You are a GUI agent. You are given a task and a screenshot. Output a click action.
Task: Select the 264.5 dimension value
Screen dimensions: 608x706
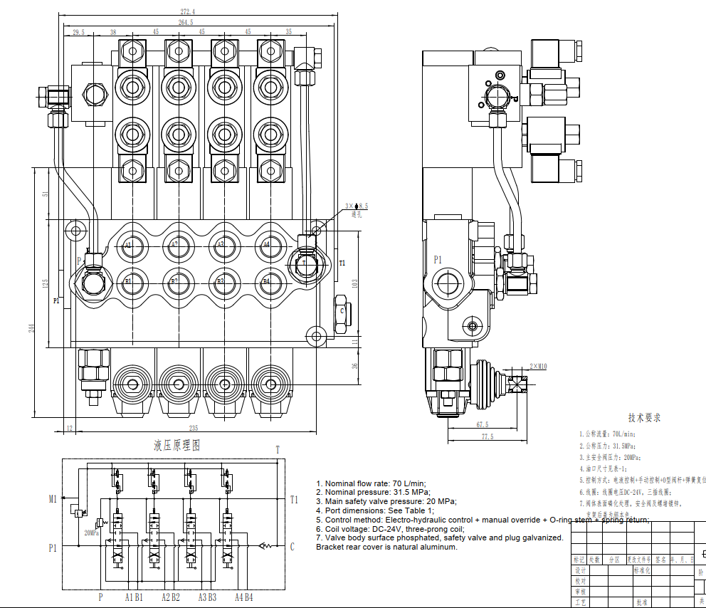(186, 23)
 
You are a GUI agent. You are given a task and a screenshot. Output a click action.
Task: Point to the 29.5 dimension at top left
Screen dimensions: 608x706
(78, 32)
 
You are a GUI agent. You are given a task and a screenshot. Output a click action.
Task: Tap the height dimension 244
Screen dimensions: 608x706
(31, 327)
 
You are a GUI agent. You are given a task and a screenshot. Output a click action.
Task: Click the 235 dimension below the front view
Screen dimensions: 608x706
(193, 428)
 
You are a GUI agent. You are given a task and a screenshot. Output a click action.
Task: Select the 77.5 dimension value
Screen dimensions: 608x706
(487, 436)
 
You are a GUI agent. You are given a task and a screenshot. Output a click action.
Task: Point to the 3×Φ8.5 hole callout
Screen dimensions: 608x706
(357, 206)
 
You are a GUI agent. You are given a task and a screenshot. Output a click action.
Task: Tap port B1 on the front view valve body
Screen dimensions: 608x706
(128, 281)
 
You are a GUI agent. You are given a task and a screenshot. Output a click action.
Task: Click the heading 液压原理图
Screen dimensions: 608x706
(177, 446)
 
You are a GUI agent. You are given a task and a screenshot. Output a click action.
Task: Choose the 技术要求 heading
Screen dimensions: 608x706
(644, 418)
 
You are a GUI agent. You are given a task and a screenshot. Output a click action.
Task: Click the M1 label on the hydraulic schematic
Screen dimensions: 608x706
(53, 499)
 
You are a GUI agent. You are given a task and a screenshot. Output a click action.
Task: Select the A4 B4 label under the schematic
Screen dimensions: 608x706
(244, 597)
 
